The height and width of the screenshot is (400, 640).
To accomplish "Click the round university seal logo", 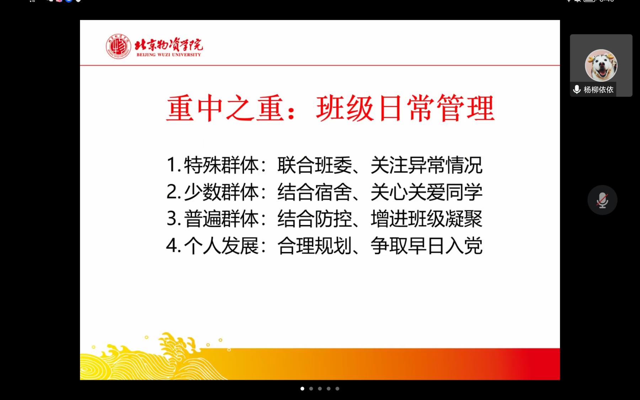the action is (118, 47).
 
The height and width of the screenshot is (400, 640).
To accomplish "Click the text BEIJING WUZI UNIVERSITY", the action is (169, 55).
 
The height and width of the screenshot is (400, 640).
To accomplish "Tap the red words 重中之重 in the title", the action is (225, 108).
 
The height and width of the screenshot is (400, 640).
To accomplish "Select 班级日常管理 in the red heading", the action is (405, 108).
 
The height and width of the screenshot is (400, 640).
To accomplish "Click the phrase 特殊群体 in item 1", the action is (221, 165).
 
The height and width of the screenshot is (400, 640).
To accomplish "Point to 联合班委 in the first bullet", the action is (315, 165).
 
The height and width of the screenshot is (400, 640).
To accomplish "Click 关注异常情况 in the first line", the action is (426, 165).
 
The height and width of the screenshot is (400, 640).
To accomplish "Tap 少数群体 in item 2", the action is (221, 192).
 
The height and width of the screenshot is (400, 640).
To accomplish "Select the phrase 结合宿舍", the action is (315, 192).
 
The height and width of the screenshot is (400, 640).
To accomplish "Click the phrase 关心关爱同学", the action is (426, 192).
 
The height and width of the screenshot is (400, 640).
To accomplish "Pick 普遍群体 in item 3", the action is (221, 219).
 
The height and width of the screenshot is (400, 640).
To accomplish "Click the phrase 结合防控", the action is (315, 219).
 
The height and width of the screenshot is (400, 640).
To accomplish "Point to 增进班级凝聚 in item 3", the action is (426, 219).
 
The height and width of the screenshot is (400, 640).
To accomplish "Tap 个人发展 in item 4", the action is (221, 246).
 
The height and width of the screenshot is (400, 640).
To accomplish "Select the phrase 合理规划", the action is (315, 246).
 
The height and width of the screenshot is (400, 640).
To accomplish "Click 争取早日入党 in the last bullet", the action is (426, 246).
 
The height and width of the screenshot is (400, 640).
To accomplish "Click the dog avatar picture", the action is (601, 65).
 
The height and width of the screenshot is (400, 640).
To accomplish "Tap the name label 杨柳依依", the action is (598, 90).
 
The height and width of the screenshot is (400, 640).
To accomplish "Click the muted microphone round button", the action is (602, 200).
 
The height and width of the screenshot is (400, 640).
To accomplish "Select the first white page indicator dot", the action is (302, 389).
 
